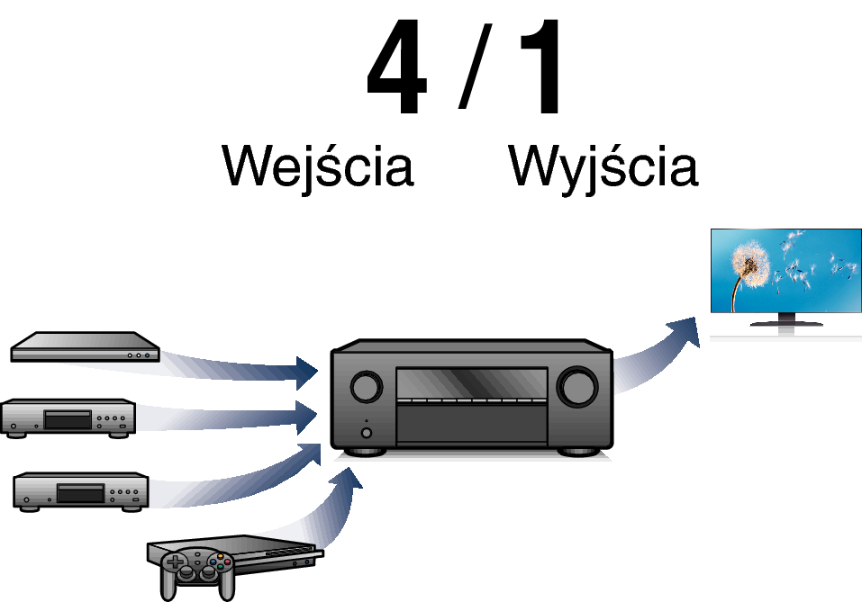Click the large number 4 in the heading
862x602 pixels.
(397, 67)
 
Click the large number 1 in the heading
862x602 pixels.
(541, 67)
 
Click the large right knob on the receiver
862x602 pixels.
(577, 387)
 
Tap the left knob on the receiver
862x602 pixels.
(367, 387)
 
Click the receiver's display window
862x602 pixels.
(472, 384)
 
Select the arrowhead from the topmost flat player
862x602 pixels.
(307, 373)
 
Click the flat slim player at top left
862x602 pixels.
(86, 347)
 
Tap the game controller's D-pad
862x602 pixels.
(176, 562)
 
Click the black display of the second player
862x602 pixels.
(68, 420)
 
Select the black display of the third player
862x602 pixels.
(81, 494)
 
